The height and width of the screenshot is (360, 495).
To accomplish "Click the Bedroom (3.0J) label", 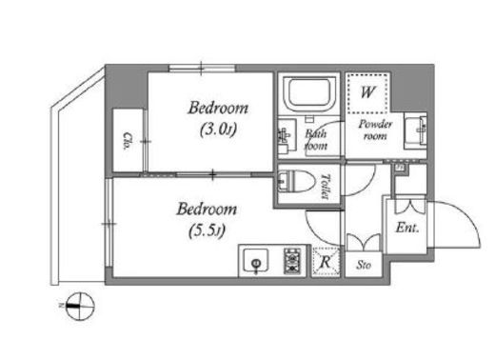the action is pos(218,118).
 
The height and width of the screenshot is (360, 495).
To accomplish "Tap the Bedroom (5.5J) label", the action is pos(207,220).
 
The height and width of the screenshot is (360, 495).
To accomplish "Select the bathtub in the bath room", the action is pos(309,93).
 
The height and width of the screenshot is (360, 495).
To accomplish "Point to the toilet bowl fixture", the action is pos(296,182).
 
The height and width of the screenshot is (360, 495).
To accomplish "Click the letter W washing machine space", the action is pos(367,92).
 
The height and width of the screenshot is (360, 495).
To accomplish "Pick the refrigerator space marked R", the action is pos(326,262).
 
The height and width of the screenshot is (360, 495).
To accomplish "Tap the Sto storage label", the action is pos(364,265).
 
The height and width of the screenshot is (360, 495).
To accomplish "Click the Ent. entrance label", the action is pos(407,228).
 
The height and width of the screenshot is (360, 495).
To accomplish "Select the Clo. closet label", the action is pos(128,141).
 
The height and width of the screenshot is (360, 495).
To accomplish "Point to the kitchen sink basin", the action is pos(256,261).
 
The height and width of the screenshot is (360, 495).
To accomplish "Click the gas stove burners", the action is pos(292,261).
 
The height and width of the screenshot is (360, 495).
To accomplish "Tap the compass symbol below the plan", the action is pos(80,307).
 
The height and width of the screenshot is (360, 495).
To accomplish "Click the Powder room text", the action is pos(375,130).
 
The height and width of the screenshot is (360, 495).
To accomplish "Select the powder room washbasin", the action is pos(416,130).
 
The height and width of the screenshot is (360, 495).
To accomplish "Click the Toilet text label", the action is pos(325,186).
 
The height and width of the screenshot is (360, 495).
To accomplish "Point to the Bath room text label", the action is pos(316,140).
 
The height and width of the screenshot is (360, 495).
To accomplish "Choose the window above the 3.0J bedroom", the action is pos(202,68).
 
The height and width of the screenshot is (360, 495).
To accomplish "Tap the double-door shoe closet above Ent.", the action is pos(410,207).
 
